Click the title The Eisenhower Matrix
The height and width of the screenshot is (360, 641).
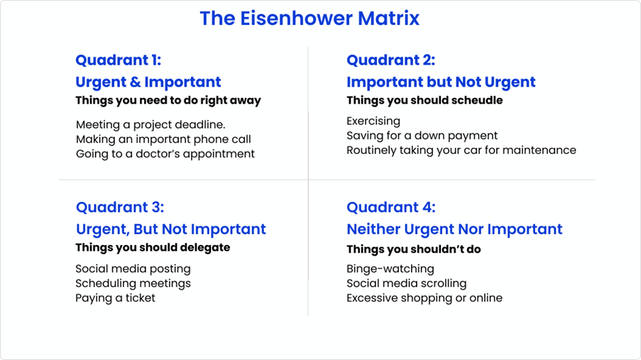(x=309, y=18)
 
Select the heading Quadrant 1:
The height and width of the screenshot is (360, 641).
(x=118, y=60)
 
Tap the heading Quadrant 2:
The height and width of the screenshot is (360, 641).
(x=391, y=60)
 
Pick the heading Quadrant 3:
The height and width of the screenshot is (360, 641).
(x=120, y=207)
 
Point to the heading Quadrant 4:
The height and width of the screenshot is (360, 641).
(x=391, y=207)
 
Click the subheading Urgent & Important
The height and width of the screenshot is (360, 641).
(x=148, y=82)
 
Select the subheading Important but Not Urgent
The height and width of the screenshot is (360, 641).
(x=441, y=82)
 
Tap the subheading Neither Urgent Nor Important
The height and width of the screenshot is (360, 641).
(x=454, y=229)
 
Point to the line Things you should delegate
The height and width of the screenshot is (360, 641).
(x=153, y=248)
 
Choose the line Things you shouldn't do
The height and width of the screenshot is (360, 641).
(x=414, y=249)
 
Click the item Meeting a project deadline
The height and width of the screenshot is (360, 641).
(x=150, y=125)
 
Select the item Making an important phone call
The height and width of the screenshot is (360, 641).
(x=163, y=139)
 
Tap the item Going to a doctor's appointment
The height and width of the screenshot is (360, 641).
(x=165, y=154)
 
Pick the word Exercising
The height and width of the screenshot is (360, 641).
(x=373, y=121)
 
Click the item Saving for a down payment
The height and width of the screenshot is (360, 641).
(x=422, y=136)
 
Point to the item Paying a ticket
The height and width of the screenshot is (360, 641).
(x=115, y=298)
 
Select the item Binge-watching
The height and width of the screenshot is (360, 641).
(x=390, y=269)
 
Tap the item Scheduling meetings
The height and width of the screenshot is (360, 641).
(x=133, y=283)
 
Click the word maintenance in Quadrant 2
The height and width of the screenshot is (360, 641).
(x=539, y=150)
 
